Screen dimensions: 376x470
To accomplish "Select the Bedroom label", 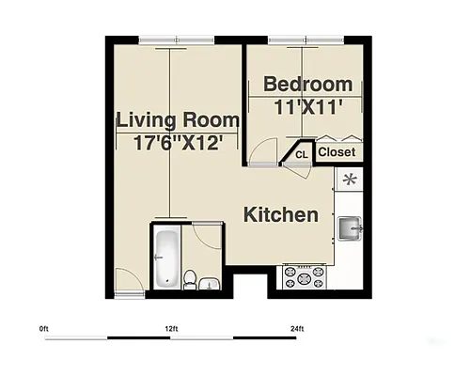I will point(306,84).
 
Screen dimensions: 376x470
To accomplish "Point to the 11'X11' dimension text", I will point(306,106).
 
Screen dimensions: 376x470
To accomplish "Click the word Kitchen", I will point(281,215).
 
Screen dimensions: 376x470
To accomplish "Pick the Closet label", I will point(337,151).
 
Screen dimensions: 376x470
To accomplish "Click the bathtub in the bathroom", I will point(166,256).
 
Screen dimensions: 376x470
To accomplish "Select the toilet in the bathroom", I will point(190,278).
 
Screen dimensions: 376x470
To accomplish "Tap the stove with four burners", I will point(304,276).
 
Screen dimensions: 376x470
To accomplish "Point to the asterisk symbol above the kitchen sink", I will point(350,179).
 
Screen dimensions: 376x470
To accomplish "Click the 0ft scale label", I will point(44,328).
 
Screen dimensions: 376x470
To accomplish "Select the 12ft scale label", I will point(170,328).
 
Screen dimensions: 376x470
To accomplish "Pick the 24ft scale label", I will point(296,328).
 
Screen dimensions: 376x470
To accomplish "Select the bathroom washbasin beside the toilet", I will point(212,283).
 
